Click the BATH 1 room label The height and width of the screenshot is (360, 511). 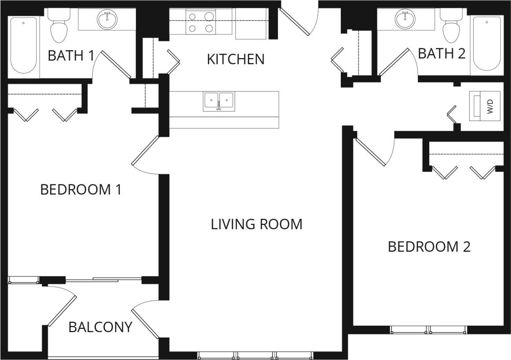[71, 56]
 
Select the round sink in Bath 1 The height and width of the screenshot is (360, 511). [107, 20]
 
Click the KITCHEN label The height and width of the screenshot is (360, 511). [236, 59]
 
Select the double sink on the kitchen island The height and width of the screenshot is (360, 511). [218, 101]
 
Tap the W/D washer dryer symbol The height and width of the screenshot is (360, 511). [485, 106]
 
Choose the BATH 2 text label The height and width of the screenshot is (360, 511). [441, 54]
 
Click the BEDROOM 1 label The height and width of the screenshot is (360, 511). [80, 190]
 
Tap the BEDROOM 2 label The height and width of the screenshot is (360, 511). [429, 247]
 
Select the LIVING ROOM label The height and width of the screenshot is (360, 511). [256, 224]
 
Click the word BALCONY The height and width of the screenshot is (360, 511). [100, 327]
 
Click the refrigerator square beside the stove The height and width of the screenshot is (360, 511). [251, 23]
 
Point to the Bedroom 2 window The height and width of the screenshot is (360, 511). [428, 330]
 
